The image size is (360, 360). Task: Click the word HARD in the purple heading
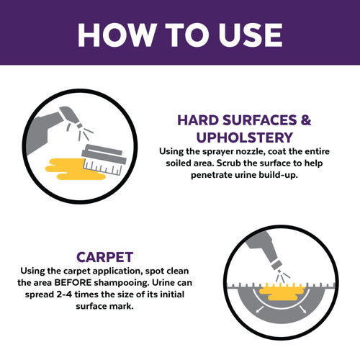(197, 120)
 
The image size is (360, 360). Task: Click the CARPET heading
(107, 256)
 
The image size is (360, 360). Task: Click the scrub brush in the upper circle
(105, 158)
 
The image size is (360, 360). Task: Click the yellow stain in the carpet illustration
(283, 291)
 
